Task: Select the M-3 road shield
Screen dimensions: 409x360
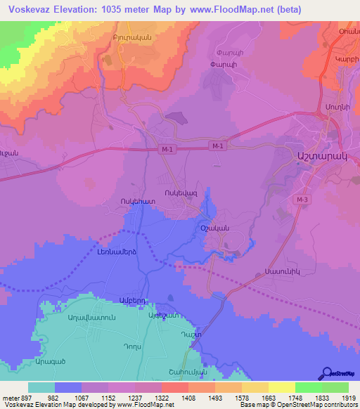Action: (302, 200)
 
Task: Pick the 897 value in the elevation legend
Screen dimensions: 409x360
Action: (21, 398)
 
